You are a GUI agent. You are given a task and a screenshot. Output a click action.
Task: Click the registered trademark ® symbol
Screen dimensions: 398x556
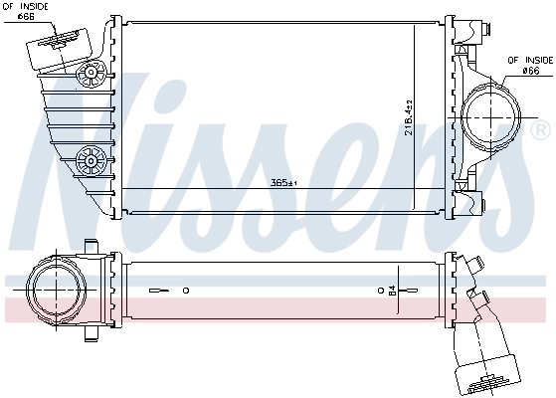pyautogui.click(x=541, y=130)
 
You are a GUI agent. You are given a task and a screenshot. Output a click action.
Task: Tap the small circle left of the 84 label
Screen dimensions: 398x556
pyautogui.click(x=381, y=291)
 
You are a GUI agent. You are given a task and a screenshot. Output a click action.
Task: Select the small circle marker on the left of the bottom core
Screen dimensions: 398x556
pyautogui.click(x=185, y=291)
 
